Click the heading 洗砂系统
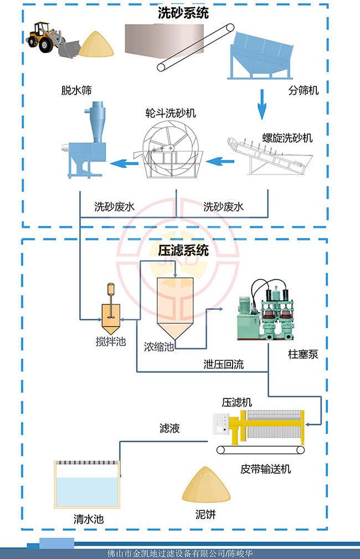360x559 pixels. point(183,14)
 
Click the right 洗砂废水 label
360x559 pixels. point(224,208)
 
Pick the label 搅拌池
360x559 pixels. point(108,341)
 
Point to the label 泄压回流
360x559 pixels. point(223,365)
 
